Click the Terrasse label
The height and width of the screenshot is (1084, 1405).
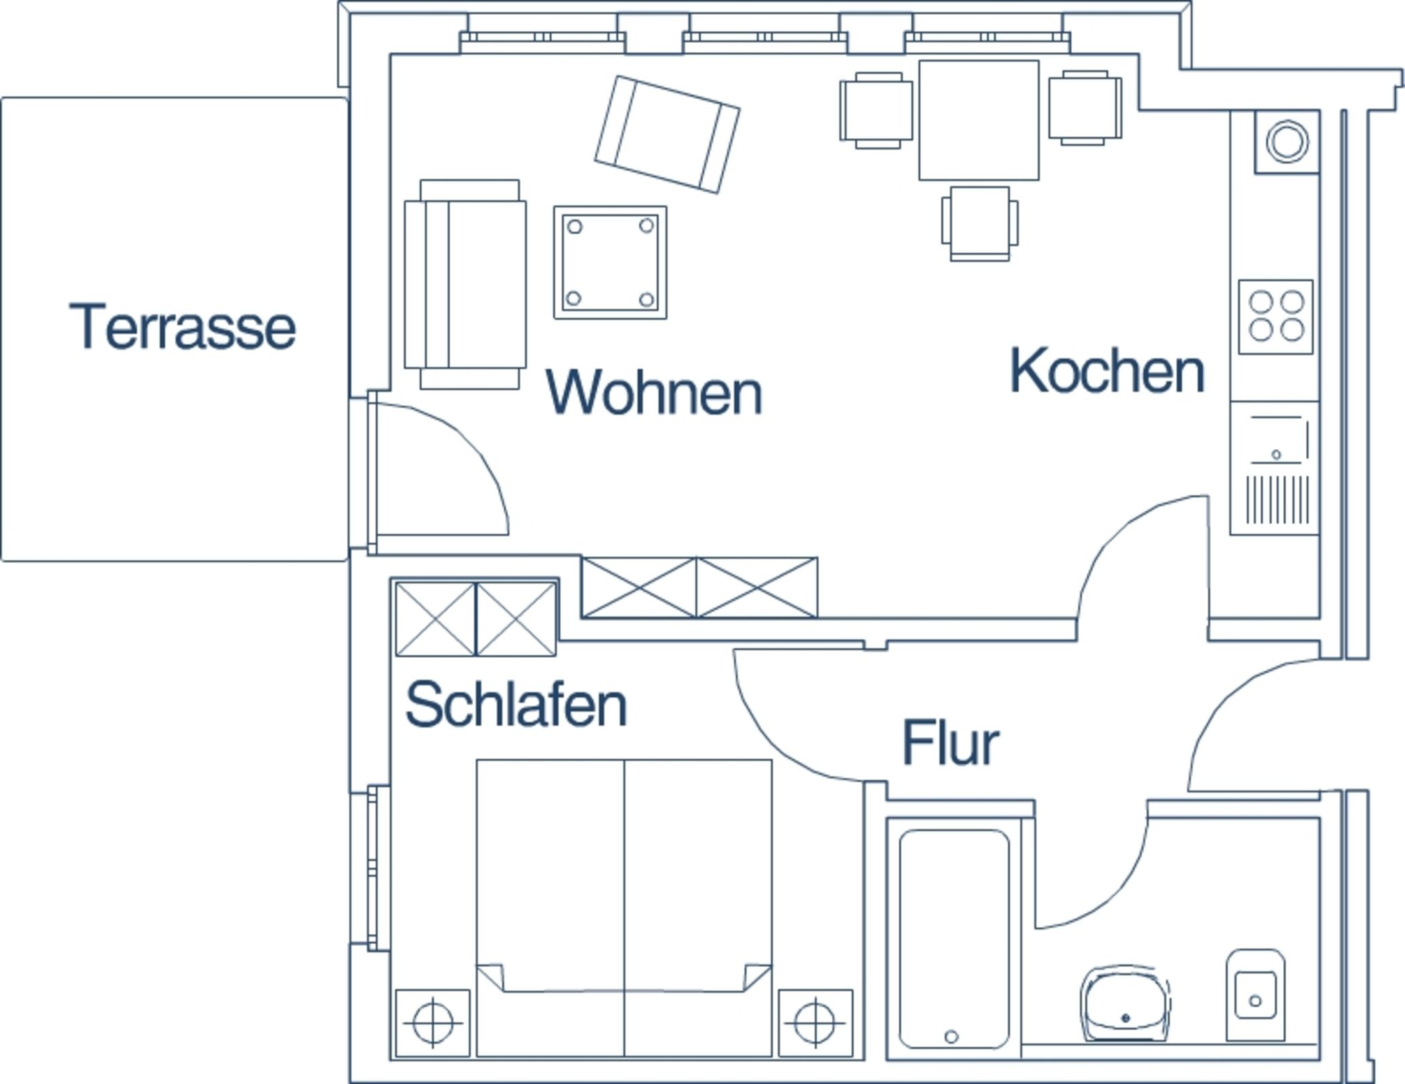pyautogui.click(x=182, y=327)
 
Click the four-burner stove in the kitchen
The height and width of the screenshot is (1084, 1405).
pyautogui.click(x=1276, y=316)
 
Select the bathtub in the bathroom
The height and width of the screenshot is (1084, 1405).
pyautogui.click(x=953, y=939)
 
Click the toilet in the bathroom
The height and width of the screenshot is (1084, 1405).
pyautogui.click(x=1255, y=995)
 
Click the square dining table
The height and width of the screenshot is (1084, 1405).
pyautogui.click(x=978, y=121)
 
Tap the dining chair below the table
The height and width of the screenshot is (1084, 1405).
pyautogui.click(x=979, y=224)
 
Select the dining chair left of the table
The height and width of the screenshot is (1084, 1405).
pyautogui.click(x=876, y=110)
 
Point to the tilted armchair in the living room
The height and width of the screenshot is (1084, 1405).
pyautogui.click(x=667, y=134)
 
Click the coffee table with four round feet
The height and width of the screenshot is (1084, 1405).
pyautogui.click(x=610, y=262)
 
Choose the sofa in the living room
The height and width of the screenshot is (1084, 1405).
pyautogui.click(x=465, y=285)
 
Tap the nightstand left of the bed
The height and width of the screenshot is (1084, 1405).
pyautogui.click(x=433, y=1022)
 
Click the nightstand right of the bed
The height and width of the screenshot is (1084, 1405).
pyautogui.click(x=815, y=1022)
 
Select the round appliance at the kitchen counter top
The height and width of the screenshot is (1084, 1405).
pyautogui.click(x=1287, y=142)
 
